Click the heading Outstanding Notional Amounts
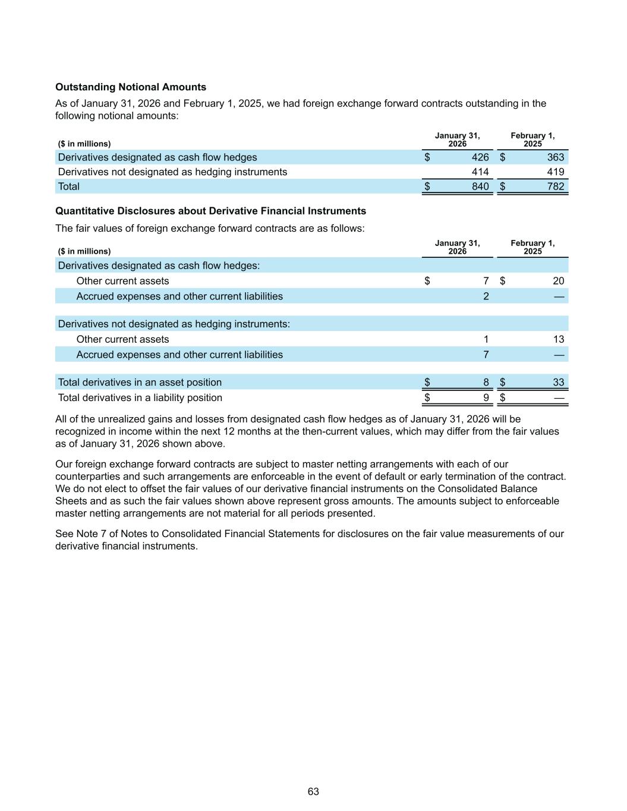point(131,87)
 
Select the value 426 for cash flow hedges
point(480,157)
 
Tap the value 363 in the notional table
point(556,157)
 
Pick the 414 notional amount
point(480,172)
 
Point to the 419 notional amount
point(556,172)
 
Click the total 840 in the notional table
point(480,187)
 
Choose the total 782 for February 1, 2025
point(556,187)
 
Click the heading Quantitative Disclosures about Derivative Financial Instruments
point(210,211)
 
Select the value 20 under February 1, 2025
point(558,281)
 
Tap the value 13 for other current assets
point(558,339)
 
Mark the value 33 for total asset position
point(558,383)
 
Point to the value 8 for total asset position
point(486,383)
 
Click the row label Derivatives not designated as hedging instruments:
point(174,324)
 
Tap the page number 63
point(313,791)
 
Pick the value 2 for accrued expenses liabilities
point(486,296)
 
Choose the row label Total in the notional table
point(69,187)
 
